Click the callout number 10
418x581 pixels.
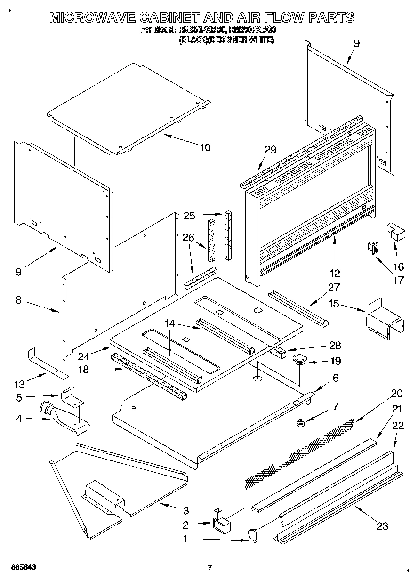click(x=205, y=147)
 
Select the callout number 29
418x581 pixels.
click(x=270, y=150)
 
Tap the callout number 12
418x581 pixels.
click(x=335, y=273)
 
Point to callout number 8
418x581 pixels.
click(x=18, y=300)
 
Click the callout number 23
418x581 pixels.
click(x=382, y=526)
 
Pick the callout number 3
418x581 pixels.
click(x=185, y=510)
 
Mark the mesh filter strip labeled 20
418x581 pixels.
click(x=301, y=452)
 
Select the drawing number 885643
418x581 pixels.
click(x=19, y=567)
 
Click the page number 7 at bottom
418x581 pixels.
click(x=210, y=567)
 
